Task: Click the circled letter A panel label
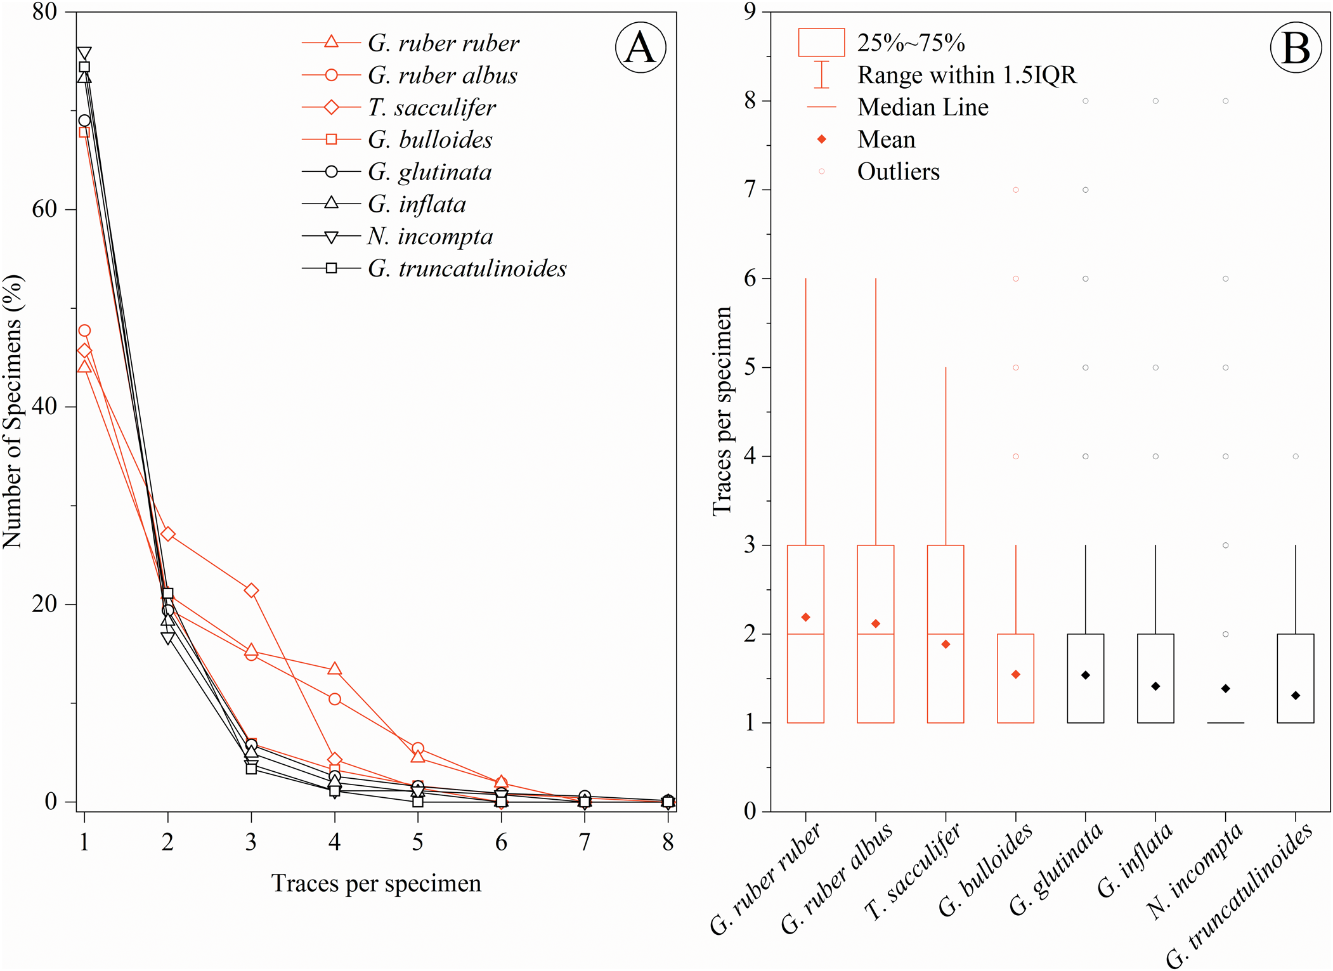[x=640, y=48]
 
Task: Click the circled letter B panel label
[x=1296, y=48]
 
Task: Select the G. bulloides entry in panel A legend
[x=429, y=140]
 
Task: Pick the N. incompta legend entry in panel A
[x=429, y=237]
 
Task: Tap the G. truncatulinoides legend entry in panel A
[x=467, y=269]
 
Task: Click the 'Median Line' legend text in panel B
[x=923, y=107]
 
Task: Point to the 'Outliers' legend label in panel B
[x=898, y=172]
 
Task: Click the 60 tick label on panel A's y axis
[x=44, y=209]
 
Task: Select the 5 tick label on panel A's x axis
[x=417, y=842]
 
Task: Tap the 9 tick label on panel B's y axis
[x=750, y=11]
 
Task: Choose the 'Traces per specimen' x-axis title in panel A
[x=376, y=883]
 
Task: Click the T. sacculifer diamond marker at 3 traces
[x=251, y=590]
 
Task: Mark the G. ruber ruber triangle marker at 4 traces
[x=334, y=668]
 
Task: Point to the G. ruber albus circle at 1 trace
[x=84, y=330]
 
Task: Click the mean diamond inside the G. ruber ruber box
[x=805, y=617]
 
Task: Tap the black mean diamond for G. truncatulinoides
[x=1296, y=696]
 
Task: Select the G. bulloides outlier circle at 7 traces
[x=1016, y=190]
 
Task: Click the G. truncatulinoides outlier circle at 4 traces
[x=1296, y=457]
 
